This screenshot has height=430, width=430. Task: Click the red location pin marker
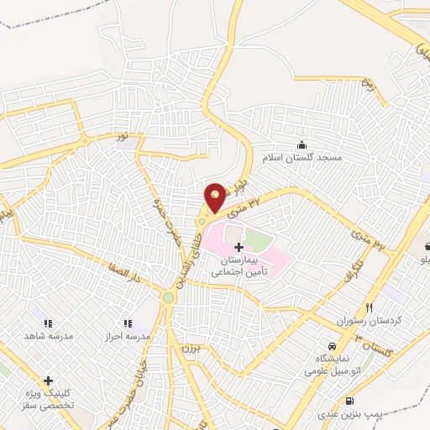(x=215, y=197)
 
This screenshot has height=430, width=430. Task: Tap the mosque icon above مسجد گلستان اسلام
(x=301, y=144)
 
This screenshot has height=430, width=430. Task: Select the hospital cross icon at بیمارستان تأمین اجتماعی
(x=239, y=247)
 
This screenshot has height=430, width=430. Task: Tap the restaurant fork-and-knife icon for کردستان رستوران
(x=368, y=307)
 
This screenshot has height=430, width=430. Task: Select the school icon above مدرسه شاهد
(x=47, y=322)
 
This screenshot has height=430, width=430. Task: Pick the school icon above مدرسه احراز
(x=128, y=322)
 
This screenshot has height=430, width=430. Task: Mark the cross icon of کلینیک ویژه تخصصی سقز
(x=48, y=380)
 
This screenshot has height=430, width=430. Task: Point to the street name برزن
(x=188, y=348)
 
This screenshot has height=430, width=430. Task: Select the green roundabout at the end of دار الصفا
(x=169, y=297)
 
